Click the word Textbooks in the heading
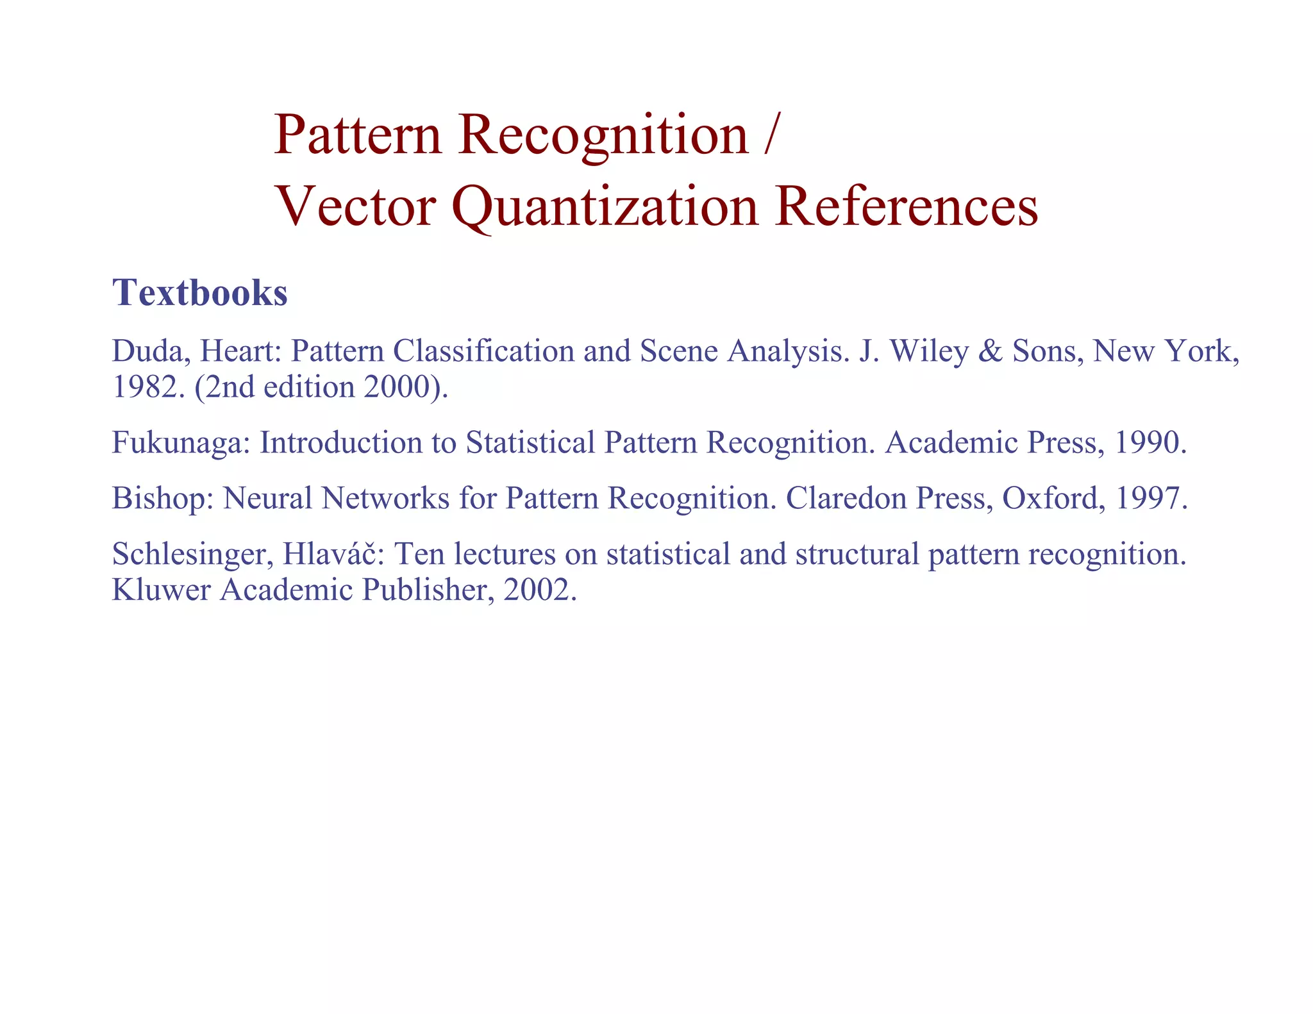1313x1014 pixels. click(x=199, y=293)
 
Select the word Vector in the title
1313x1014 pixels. click(x=355, y=206)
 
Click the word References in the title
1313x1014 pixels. click(x=905, y=206)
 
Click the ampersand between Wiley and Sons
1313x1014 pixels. click(x=990, y=351)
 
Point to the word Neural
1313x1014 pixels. click(x=267, y=499)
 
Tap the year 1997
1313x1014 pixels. click(x=1151, y=499)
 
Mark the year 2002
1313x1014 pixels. click(x=539, y=590)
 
